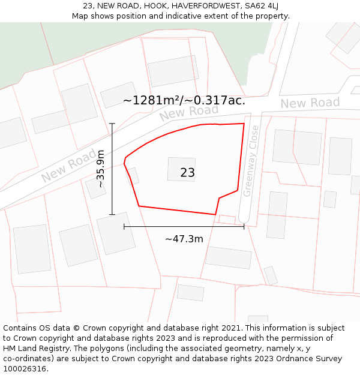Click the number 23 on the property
click(x=187, y=173)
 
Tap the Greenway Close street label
click(x=251, y=160)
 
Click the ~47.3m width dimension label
click(x=184, y=239)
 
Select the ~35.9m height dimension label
click(x=101, y=169)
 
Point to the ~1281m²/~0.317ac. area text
click(x=184, y=100)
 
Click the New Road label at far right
click(x=310, y=103)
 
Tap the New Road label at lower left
click(x=68, y=166)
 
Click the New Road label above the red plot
click(x=189, y=112)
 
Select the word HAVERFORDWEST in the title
click(x=202, y=6)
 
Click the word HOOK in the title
click(x=155, y=6)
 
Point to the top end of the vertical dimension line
click(x=112, y=124)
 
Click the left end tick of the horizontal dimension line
click(x=124, y=226)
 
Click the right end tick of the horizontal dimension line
click(x=244, y=226)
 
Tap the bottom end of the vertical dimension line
click(x=112, y=214)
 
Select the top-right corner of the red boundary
click(x=244, y=124)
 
